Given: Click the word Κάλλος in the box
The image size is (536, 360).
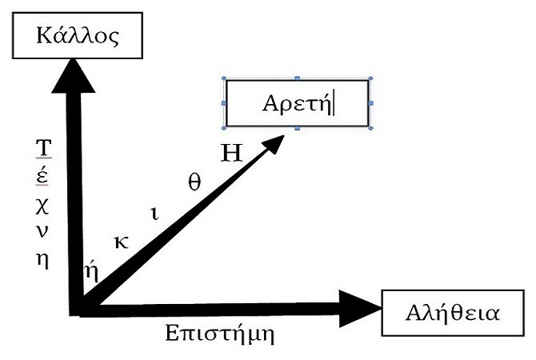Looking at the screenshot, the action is coord(78,35).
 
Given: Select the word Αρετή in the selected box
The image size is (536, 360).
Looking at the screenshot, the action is coord(297,103).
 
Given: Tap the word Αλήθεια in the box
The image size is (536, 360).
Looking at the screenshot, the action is coord(453,313).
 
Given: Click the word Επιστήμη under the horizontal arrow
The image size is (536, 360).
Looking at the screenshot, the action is coord(220,333).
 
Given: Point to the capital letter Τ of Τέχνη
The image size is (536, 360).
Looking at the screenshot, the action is coord(43,148).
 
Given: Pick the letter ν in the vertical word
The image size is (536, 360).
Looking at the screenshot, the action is coord(42,231).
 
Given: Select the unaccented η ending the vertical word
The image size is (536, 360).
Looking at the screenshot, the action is coord(42,261).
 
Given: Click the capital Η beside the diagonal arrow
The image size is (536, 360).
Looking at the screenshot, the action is coord(231,153).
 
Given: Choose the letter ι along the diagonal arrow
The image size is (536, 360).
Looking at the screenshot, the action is coord(154,214).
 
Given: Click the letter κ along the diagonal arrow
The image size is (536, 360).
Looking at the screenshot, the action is coord(122,242).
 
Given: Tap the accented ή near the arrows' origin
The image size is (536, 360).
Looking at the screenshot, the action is coord(91,271).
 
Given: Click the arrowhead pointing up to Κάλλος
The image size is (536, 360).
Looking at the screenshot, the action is coord(73,75).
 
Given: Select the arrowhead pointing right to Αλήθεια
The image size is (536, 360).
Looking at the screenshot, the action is coord(360,308).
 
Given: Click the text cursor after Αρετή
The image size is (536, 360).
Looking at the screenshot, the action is coord(334,104).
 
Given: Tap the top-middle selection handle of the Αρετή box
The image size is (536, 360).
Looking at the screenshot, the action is coord(297,78).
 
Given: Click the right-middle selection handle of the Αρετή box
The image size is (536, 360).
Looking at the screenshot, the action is coord(370,103).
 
